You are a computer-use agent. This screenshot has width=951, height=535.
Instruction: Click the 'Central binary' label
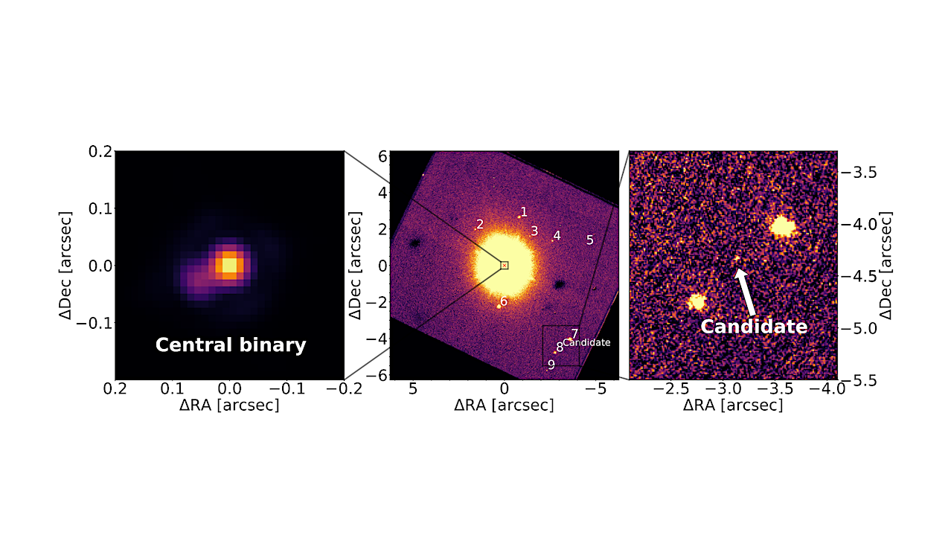click(230, 345)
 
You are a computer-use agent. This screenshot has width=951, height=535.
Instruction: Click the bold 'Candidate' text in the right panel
click(754, 327)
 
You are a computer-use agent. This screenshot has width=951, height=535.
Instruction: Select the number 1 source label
click(524, 212)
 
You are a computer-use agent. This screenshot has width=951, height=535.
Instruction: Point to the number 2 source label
click(480, 224)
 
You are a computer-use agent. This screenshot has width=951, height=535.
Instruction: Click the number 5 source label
click(589, 240)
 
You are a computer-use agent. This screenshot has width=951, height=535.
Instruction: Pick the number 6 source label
click(504, 301)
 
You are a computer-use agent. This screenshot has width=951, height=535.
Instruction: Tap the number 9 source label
click(551, 365)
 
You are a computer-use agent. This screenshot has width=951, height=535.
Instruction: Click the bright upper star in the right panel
click(781, 225)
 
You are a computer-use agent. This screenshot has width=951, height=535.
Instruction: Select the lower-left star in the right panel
click(697, 301)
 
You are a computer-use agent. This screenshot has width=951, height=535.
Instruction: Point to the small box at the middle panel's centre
click(504, 265)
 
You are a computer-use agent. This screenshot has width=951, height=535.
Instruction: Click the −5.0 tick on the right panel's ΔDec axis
click(863, 328)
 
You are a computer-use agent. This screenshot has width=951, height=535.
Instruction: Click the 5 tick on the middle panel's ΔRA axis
click(413, 389)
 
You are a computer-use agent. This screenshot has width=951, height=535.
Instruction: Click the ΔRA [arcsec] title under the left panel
click(229, 406)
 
